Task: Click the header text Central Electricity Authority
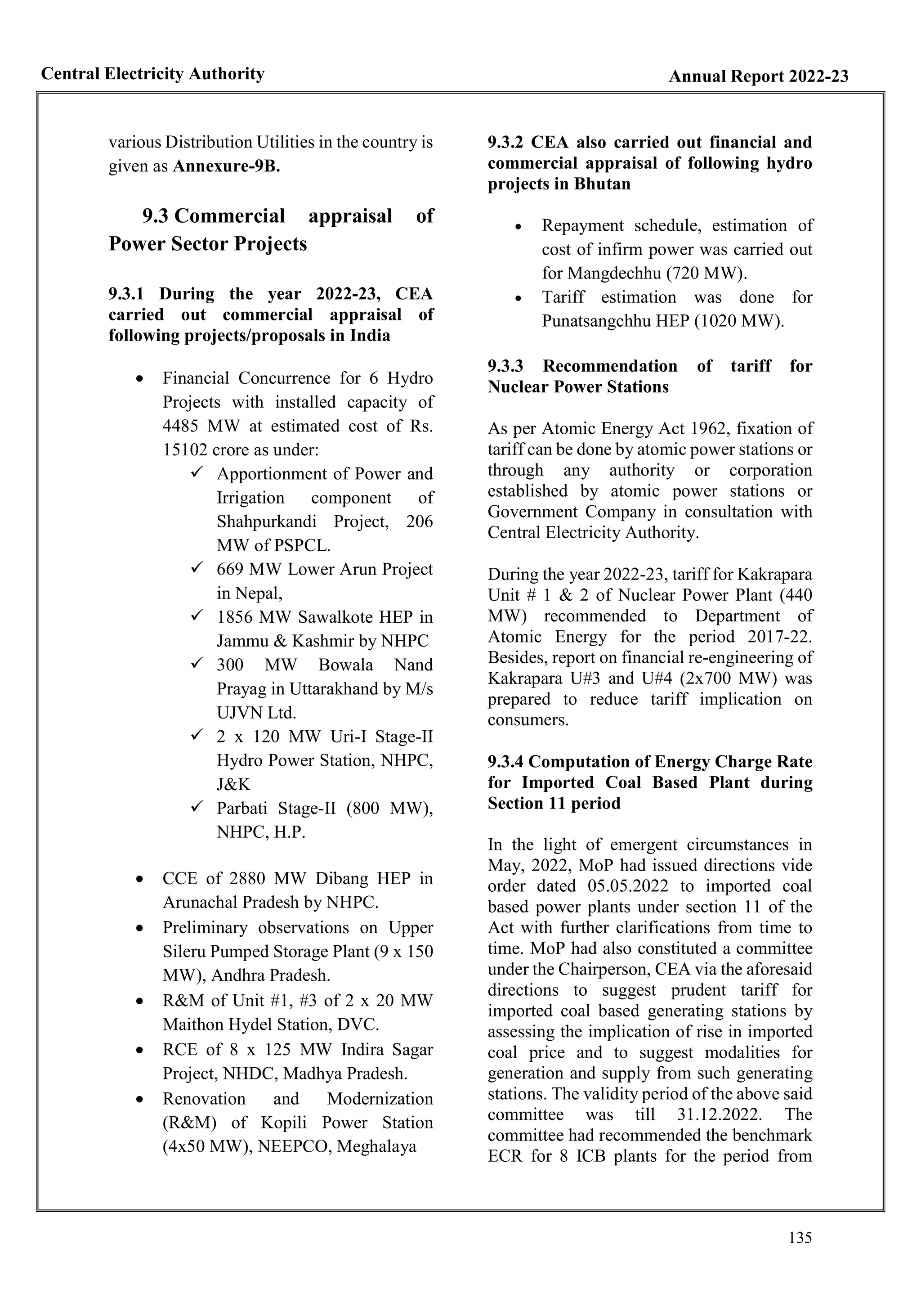(152, 74)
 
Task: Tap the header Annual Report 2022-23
(758, 76)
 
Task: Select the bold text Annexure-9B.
(226, 167)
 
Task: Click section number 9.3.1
(126, 294)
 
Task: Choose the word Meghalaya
(376, 1146)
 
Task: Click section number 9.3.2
(505, 143)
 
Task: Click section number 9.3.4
(505, 762)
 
